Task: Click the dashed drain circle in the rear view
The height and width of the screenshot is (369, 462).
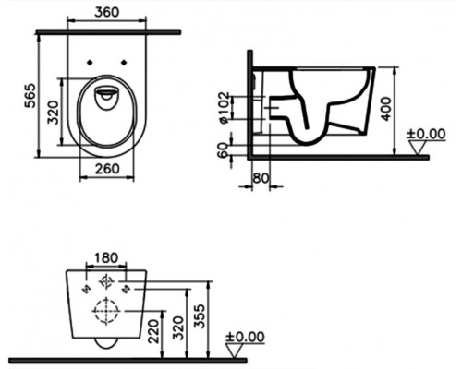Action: (103, 313)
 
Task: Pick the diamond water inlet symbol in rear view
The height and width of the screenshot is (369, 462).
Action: (103, 282)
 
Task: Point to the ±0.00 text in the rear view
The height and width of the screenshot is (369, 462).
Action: (245, 338)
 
